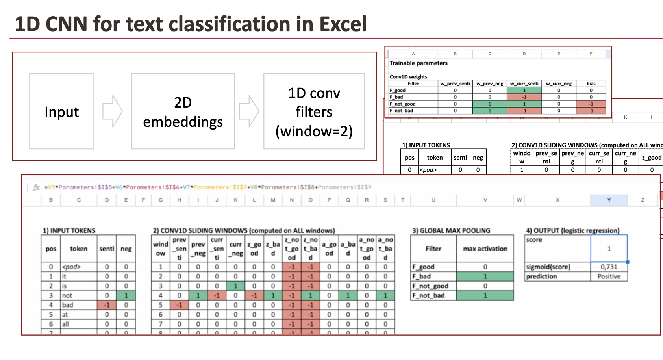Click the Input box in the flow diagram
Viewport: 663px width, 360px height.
click(x=61, y=111)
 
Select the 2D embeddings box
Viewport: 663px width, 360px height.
click(x=183, y=111)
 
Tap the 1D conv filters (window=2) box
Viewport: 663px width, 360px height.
click(x=314, y=111)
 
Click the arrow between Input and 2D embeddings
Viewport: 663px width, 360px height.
click(x=113, y=111)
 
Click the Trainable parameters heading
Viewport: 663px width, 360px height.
click(x=419, y=63)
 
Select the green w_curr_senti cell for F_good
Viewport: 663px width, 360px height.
click(x=524, y=90)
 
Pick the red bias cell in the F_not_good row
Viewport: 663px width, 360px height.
click(x=591, y=104)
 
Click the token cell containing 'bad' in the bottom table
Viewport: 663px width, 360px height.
click(x=78, y=305)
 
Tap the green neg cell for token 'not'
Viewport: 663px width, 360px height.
click(x=126, y=295)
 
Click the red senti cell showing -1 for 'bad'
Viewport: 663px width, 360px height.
click(x=107, y=305)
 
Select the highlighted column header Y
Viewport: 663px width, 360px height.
click(x=609, y=200)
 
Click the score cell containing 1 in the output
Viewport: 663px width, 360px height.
click(x=609, y=249)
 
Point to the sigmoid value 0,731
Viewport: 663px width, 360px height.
click(x=609, y=267)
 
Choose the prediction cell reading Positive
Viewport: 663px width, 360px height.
click(x=609, y=276)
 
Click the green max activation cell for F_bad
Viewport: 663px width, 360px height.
click(x=485, y=276)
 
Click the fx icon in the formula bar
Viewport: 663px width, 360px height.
click(x=36, y=187)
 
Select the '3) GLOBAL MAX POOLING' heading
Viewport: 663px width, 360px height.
click(x=451, y=230)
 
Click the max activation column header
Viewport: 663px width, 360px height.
click(x=485, y=249)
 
